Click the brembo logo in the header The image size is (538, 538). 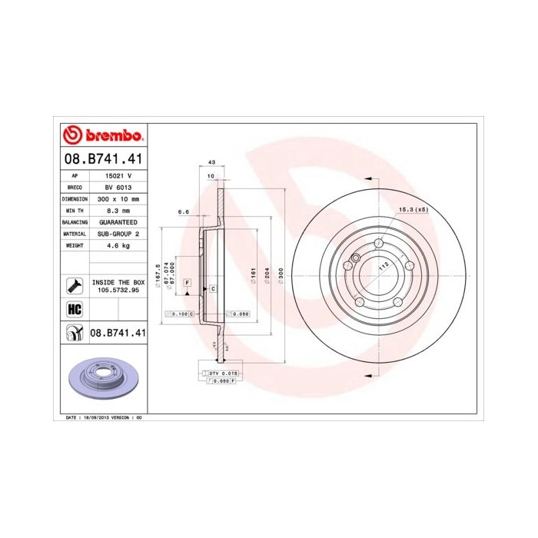coord(102,136)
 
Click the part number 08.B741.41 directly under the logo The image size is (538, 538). coord(102,159)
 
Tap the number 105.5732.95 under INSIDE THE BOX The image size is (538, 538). coord(118,291)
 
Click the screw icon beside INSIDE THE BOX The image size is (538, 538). coord(75,286)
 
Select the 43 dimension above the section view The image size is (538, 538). coord(211,163)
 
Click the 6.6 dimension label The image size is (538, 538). coord(183,211)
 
